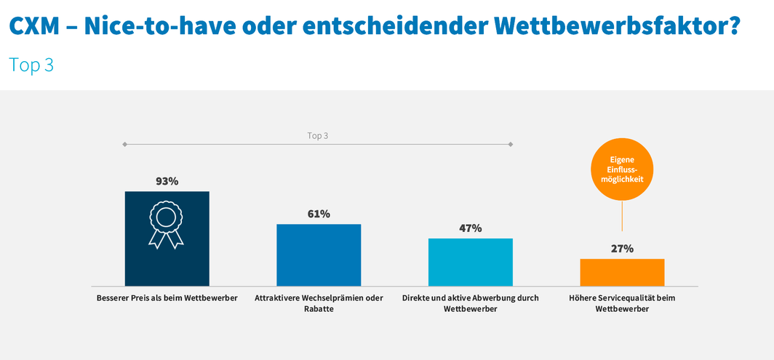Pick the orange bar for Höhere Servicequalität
(x=622, y=272)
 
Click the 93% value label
(x=167, y=181)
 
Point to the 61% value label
(x=319, y=214)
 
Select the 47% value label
(x=470, y=228)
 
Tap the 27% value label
(x=622, y=249)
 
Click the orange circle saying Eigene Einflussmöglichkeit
(x=622, y=168)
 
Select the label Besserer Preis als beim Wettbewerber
(x=167, y=298)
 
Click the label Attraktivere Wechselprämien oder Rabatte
(x=319, y=303)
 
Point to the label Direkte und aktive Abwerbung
(x=470, y=303)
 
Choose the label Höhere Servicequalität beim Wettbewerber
(x=622, y=303)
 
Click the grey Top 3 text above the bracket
(x=318, y=136)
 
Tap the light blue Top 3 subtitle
(x=31, y=65)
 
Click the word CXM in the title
(x=36, y=25)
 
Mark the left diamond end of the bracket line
(x=125, y=145)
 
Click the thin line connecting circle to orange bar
(x=622, y=215)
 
